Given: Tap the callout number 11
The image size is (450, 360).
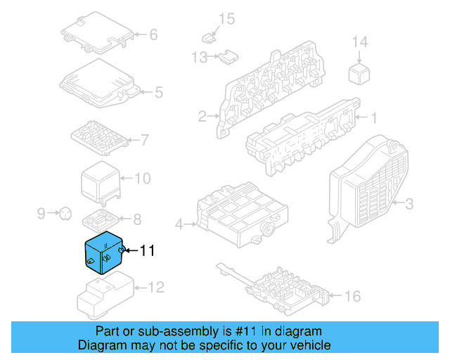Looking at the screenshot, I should (147, 250).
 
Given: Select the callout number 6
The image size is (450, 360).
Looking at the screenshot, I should (153, 34).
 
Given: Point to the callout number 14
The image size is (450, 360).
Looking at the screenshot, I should (359, 43).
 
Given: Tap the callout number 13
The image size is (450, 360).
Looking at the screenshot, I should (199, 57).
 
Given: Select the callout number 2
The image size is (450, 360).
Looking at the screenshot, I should (202, 116).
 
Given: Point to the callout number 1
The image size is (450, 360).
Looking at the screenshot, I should (374, 118).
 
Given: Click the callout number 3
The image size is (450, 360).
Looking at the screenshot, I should (407, 205).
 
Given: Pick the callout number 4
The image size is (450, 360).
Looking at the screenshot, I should (179, 224).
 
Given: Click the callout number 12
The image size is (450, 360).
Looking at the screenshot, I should (156, 287).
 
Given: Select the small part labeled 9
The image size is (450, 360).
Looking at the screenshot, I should (64, 211).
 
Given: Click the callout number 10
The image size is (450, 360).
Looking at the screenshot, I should (142, 179).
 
